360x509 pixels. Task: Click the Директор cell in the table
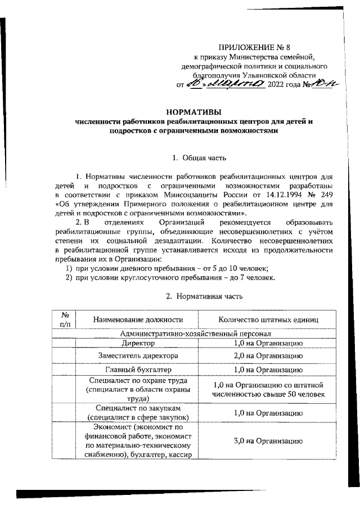coord(138,343)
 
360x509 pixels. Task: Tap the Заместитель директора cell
coord(138,356)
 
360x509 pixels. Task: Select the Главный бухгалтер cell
coord(138,370)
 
